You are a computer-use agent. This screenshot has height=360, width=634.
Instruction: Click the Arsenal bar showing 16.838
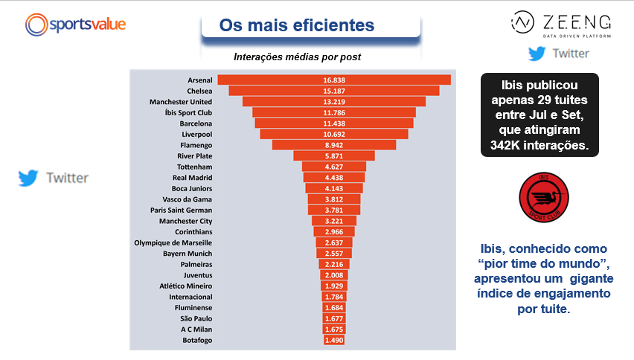[x=333, y=80]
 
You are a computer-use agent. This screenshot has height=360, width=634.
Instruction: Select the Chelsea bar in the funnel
[x=333, y=91]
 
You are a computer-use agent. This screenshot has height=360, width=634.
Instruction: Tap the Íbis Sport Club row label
[x=181, y=112]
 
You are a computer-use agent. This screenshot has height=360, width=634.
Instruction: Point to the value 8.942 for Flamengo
[x=333, y=145]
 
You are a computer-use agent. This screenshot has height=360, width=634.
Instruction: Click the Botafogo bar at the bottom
[x=333, y=340]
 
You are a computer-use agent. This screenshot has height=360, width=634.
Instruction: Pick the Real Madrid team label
[x=192, y=178]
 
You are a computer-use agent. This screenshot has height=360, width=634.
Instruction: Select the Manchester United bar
[x=333, y=102]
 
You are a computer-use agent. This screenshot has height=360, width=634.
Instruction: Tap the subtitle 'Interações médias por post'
[x=298, y=57]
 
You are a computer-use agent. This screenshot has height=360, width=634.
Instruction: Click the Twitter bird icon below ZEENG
[x=537, y=54]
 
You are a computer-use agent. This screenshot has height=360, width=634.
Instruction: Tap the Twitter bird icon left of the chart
[x=28, y=178]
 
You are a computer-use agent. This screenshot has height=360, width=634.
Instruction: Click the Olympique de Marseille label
[x=173, y=242]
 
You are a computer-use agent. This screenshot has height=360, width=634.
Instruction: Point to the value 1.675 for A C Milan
[x=333, y=330]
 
